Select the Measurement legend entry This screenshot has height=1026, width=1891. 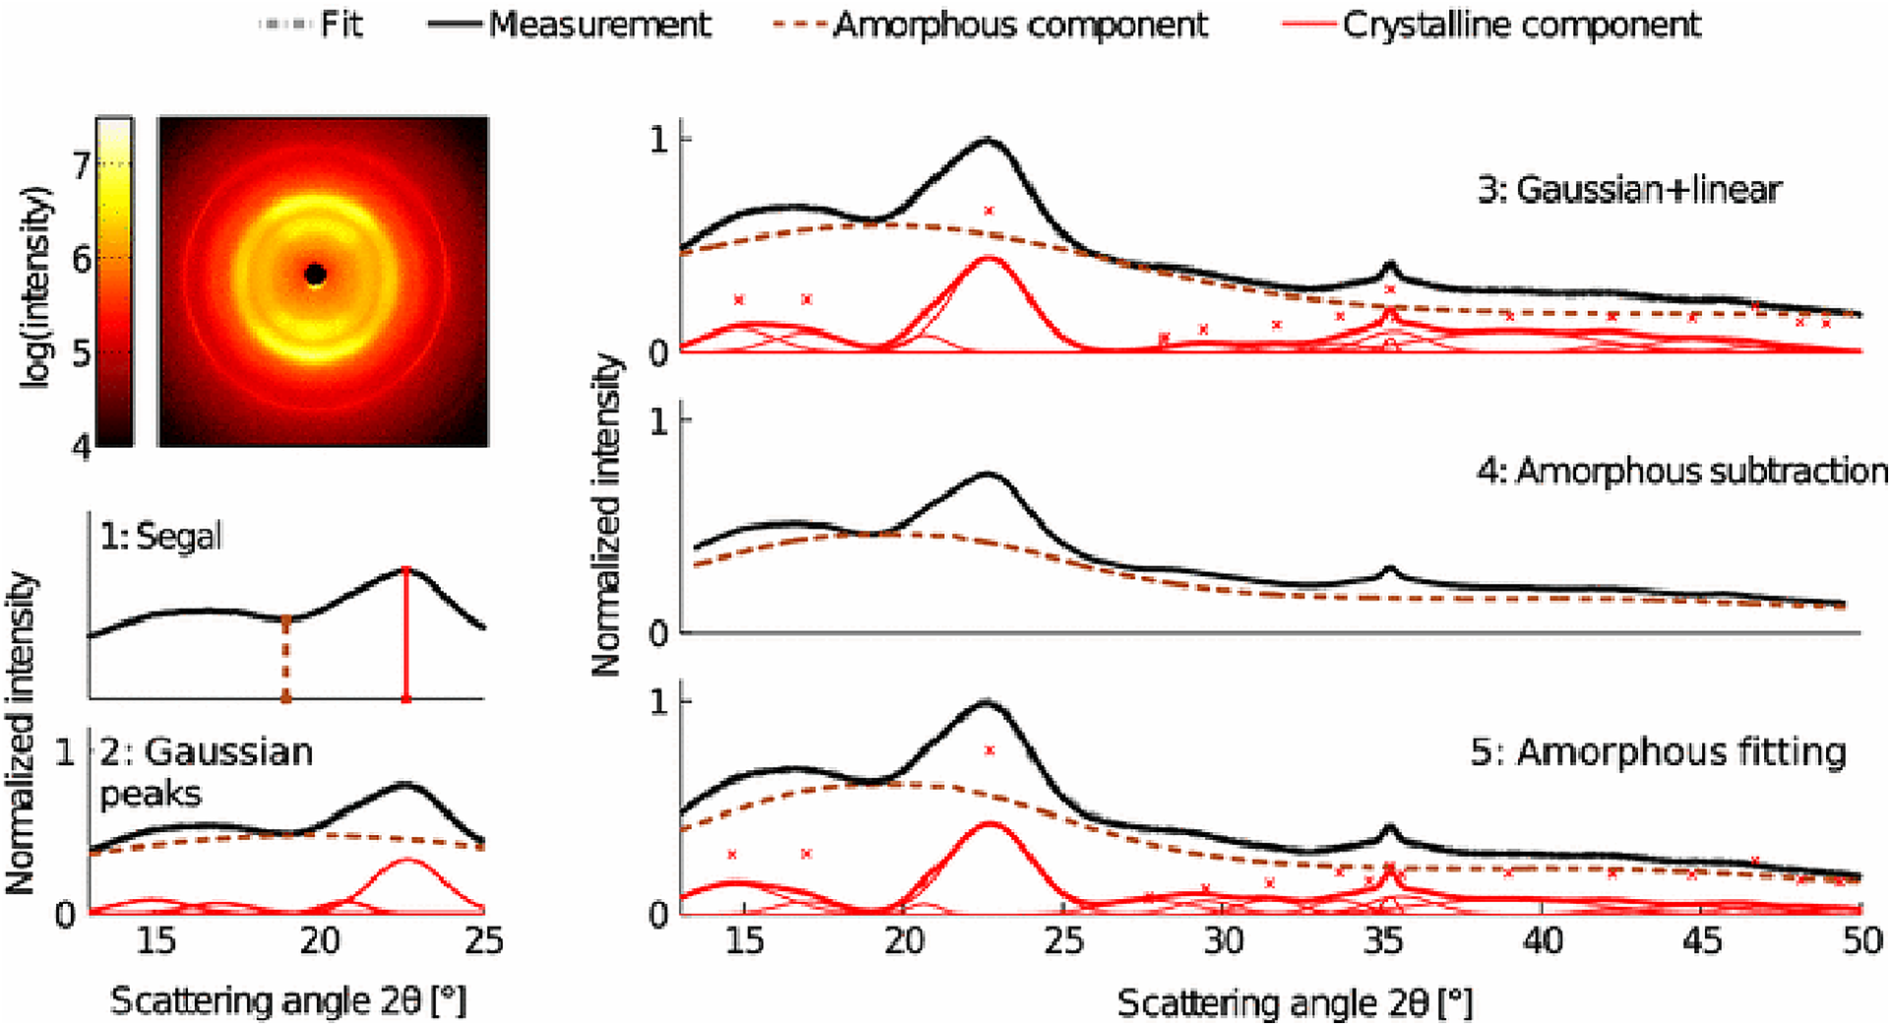571,24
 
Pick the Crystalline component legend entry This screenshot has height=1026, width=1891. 1492,24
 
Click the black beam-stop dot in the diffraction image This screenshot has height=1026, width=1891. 315,275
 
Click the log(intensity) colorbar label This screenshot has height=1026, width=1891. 36,286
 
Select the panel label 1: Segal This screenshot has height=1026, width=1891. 160,537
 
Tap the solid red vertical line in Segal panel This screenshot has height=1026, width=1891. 406,635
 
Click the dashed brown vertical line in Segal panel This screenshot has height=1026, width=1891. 286,658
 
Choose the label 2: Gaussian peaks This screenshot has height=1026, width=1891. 205,772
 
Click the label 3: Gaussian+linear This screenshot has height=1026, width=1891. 1629,189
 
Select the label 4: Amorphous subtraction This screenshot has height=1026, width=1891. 1681,471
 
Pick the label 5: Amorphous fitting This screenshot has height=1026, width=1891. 1658,751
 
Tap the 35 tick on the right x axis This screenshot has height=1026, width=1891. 1383,940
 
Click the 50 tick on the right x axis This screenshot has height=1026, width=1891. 1861,940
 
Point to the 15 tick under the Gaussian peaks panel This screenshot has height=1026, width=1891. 156,940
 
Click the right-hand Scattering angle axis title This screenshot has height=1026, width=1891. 1294,1003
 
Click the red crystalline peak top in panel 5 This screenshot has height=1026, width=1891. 989,824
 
